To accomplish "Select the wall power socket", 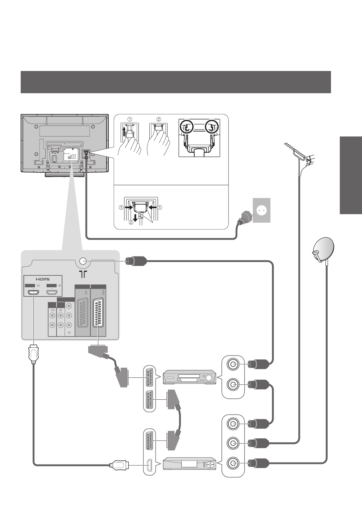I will [x=262, y=211].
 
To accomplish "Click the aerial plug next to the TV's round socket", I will [x=136, y=261].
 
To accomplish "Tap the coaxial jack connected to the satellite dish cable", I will [x=233, y=463].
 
